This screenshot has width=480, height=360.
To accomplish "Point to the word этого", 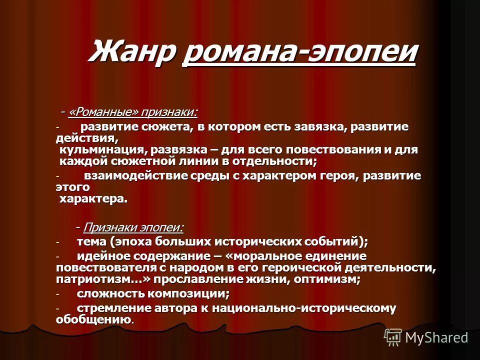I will pos(73,187).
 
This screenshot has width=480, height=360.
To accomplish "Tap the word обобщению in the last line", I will pos(94,319).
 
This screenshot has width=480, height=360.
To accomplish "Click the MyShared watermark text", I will pos(436,337).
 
